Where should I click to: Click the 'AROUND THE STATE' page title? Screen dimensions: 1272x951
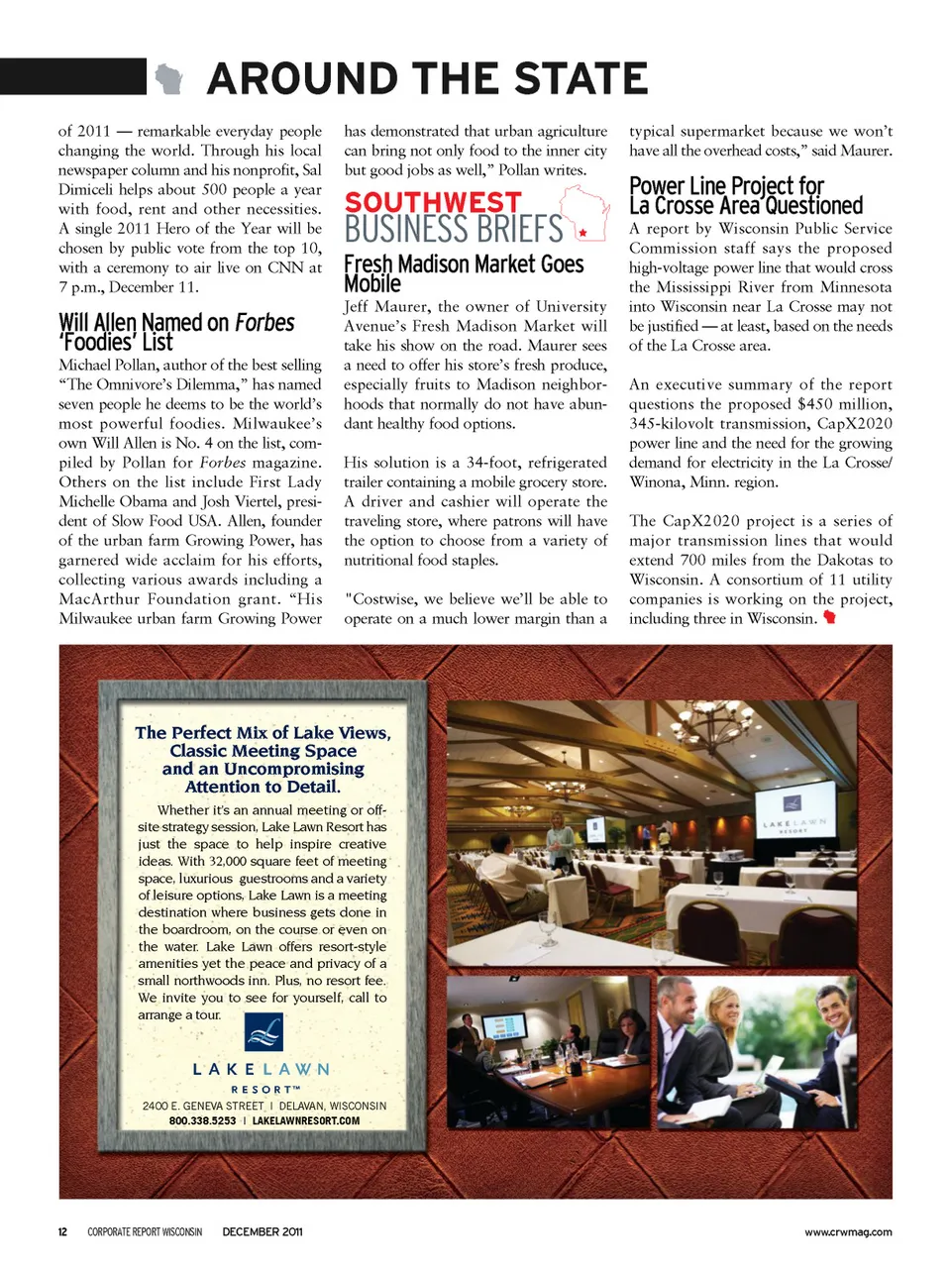point(427,79)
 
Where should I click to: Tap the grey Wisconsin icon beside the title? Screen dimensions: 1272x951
point(169,79)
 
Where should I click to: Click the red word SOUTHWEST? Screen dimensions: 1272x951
point(433,203)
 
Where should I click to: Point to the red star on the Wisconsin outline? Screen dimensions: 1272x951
point(582,233)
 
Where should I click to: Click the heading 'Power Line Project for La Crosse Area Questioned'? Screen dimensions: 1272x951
point(746,196)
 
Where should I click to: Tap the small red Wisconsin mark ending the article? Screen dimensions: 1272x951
point(830,618)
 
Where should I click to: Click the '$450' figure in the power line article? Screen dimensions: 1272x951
point(814,404)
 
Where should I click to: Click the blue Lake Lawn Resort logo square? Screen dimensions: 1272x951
point(264,1031)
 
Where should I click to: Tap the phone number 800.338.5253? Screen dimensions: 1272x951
point(202,1121)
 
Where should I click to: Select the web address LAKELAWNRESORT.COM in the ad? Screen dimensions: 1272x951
point(306,1121)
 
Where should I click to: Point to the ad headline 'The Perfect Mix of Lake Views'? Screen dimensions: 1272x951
point(263,733)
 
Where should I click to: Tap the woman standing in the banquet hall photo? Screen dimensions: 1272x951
point(561,838)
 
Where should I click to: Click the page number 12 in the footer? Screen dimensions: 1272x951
point(62,1232)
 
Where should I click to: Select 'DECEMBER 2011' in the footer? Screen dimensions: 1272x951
point(263,1232)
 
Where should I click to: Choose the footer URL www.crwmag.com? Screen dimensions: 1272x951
point(848,1232)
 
